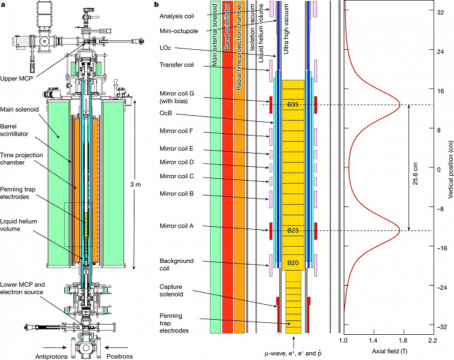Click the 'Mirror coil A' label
click(x=178, y=226)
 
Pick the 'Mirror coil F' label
click(x=178, y=132)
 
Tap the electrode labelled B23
click(x=294, y=231)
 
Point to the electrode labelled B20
click(x=294, y=263)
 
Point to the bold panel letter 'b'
click(x=157, y=5)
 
